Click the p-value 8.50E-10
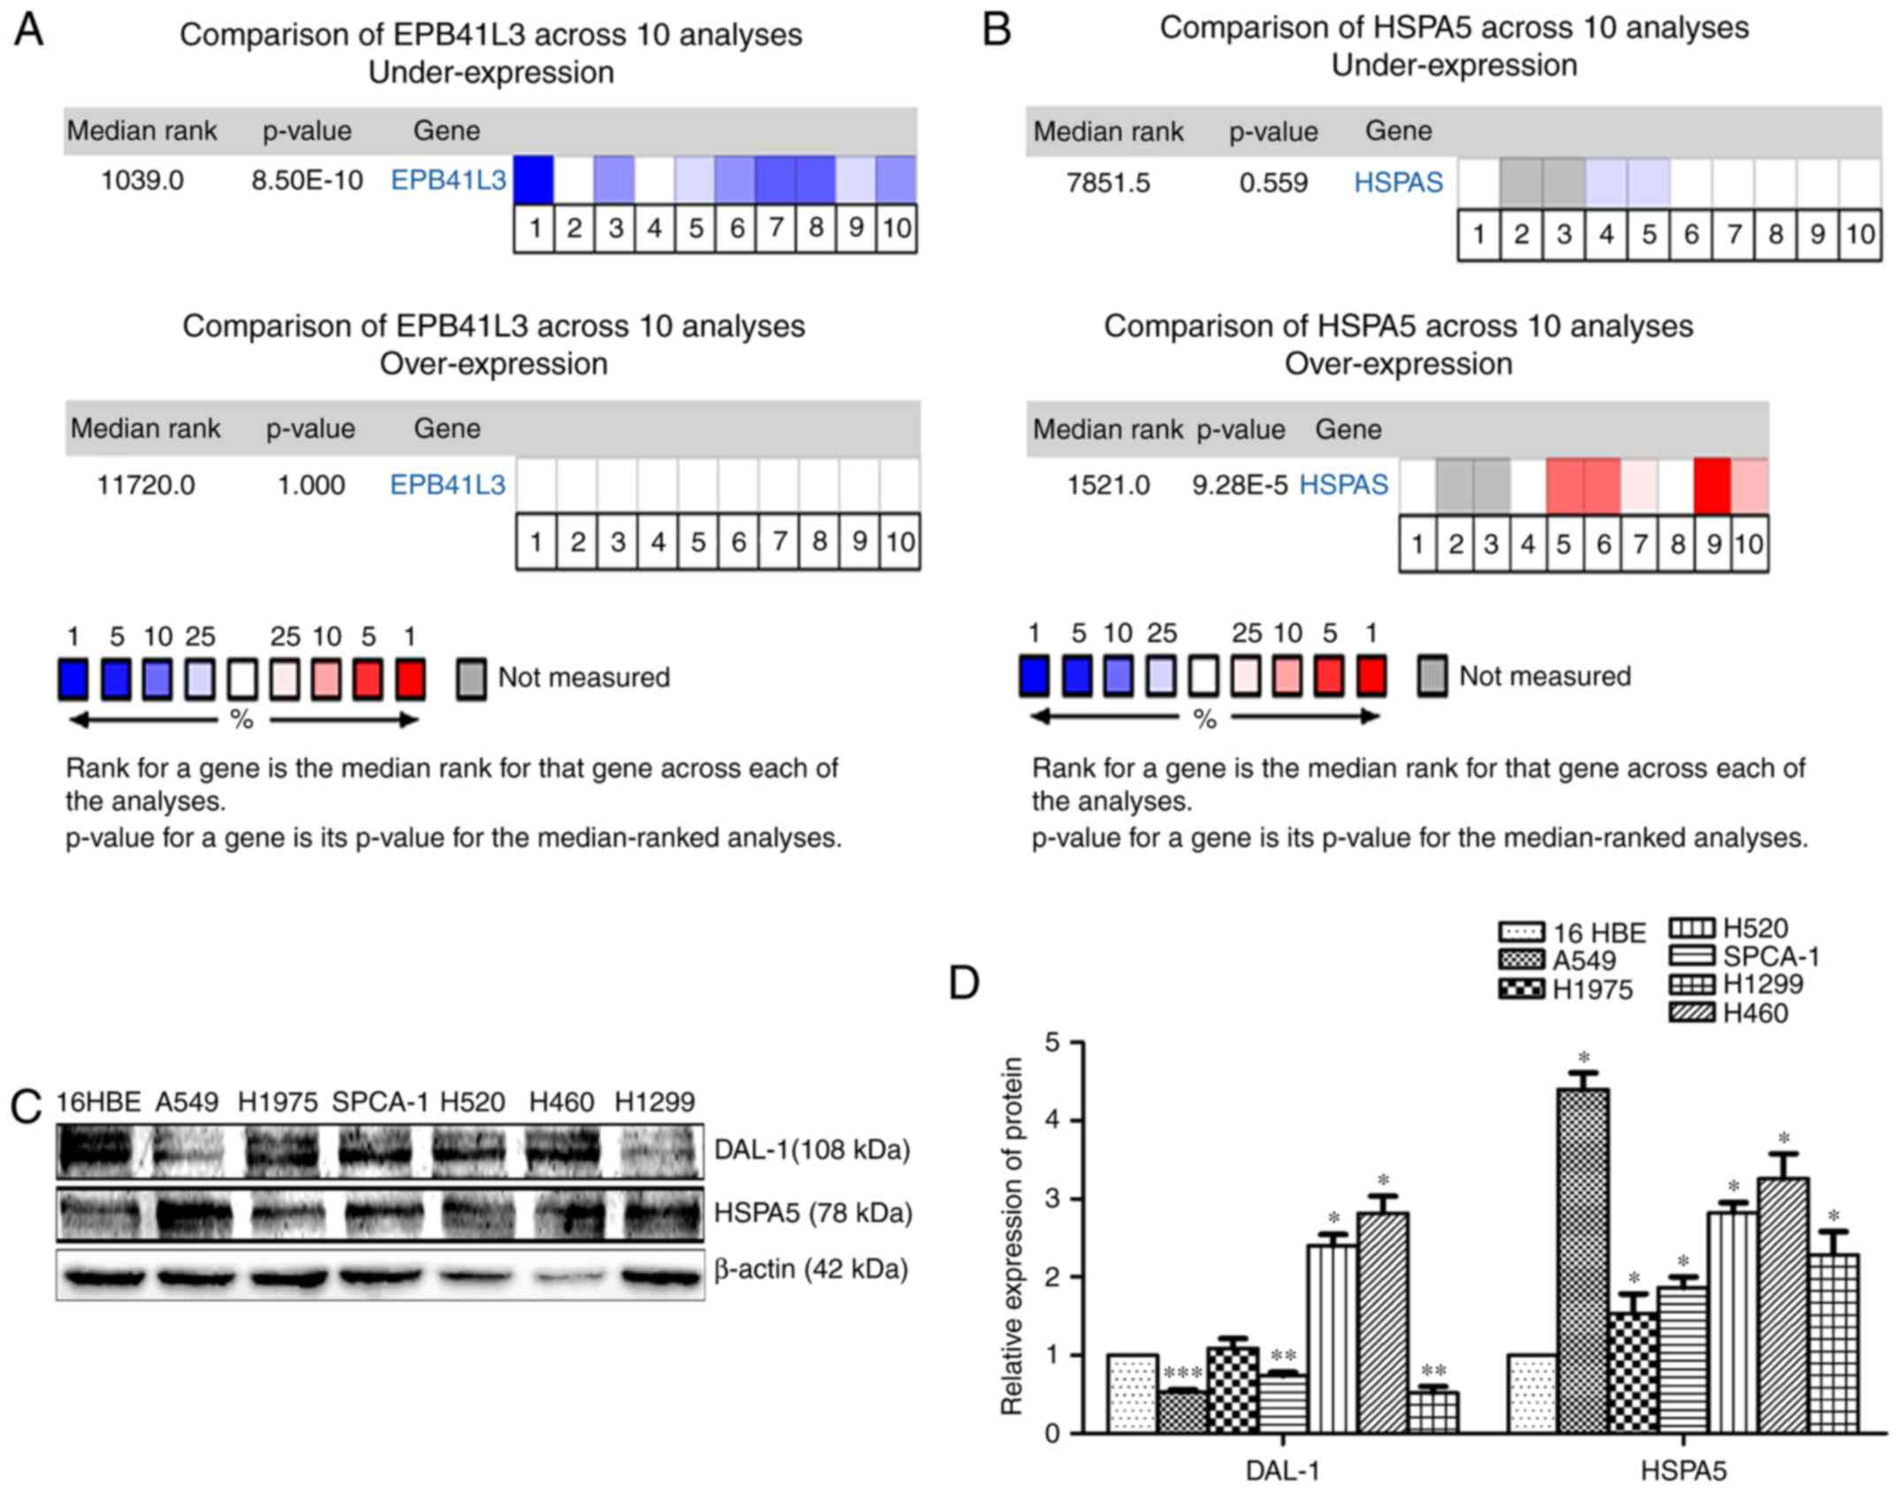[307, 180]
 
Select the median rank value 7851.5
[1108, 183]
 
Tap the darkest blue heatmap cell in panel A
[533, 179]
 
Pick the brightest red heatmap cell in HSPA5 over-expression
[1712, 485]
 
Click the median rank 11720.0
[146, 485]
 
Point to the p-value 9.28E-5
[1240, 485]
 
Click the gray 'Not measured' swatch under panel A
[471, 679]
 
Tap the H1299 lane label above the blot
[654, 1102]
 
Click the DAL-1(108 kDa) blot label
[812, 1150]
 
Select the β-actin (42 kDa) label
[811, 1269]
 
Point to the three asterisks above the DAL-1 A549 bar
[1183, 1373]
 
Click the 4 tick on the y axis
[1052, 1121]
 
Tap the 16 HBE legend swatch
[1521, 932]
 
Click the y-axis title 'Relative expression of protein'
[1012, 1237]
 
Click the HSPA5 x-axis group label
[1683, 1471]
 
